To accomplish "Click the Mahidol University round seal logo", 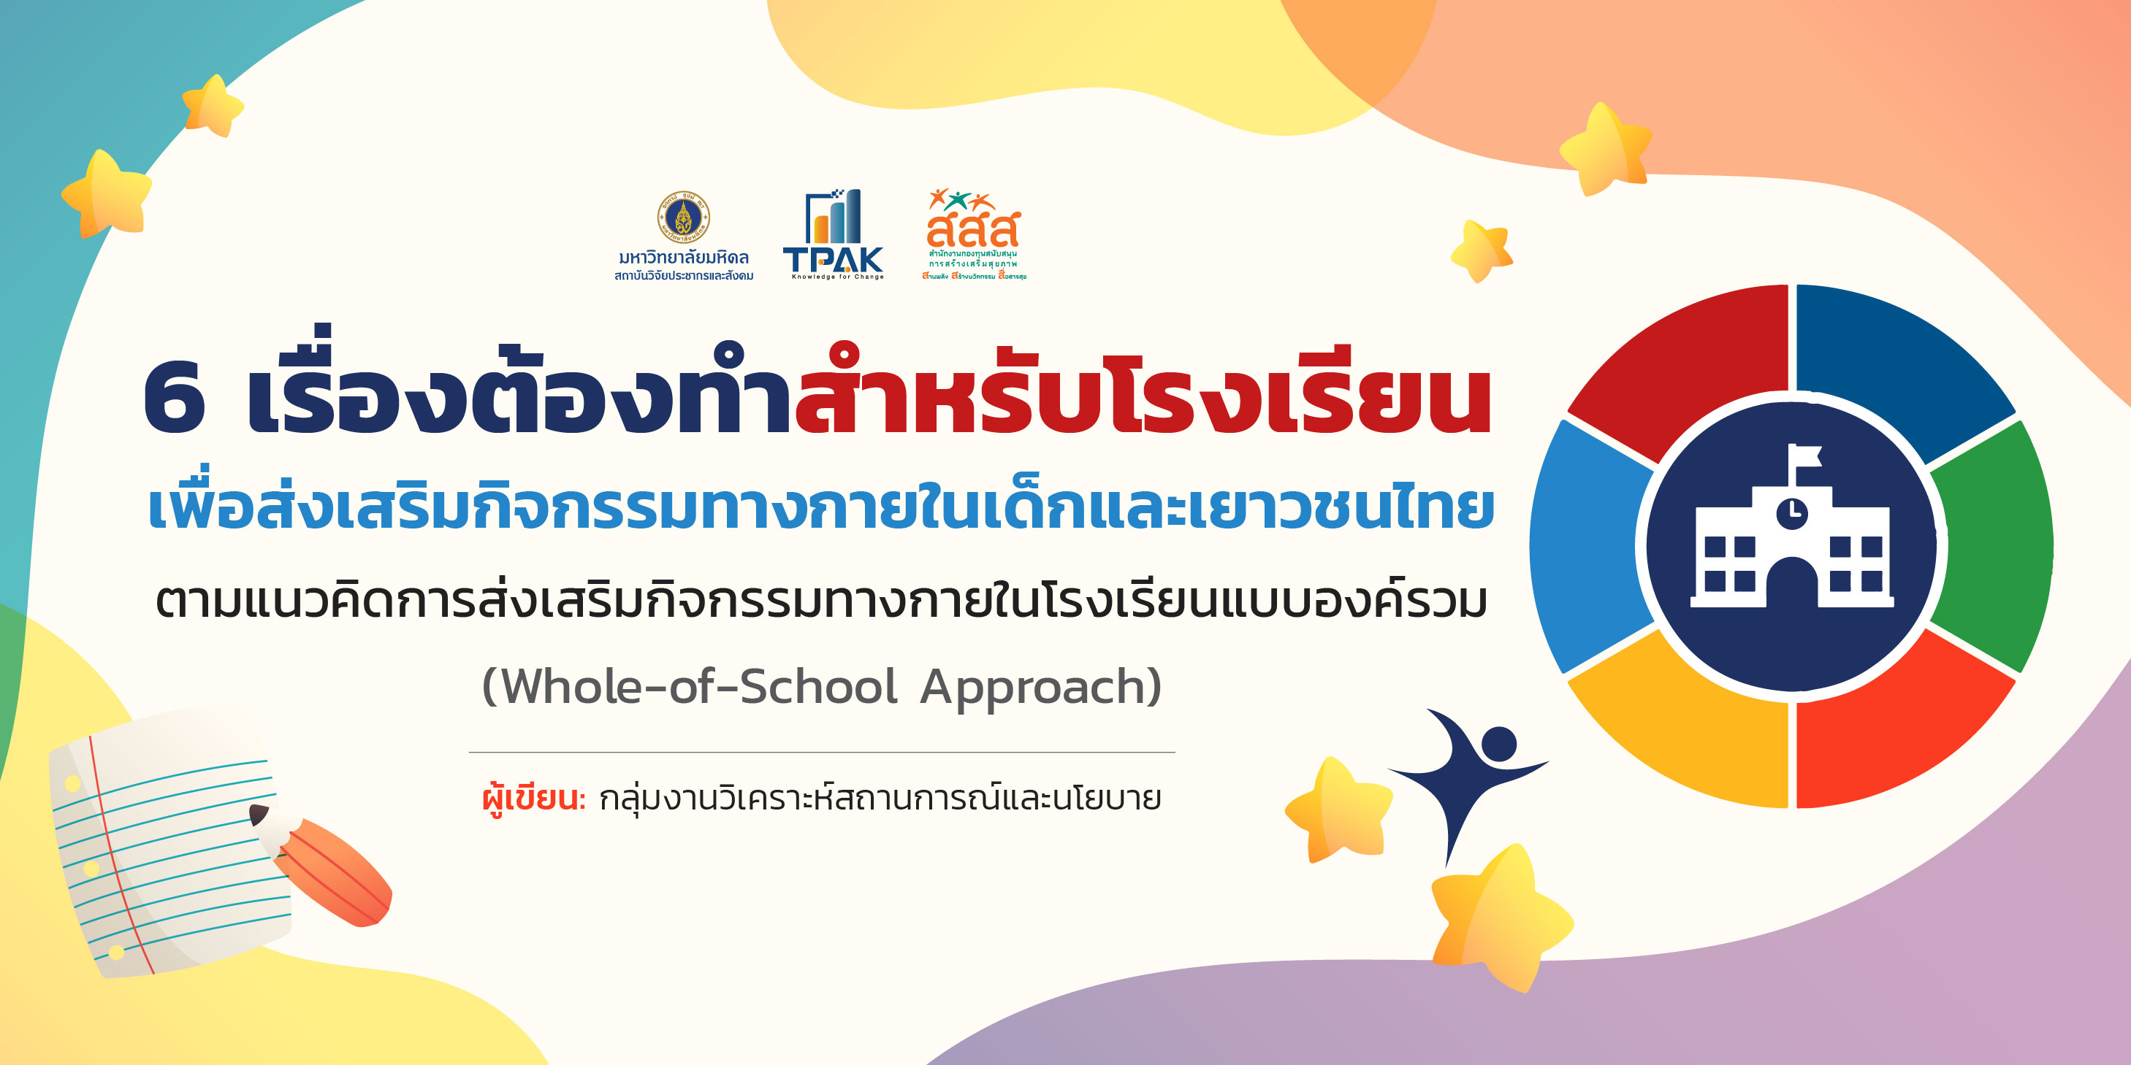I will pyautogui.click(x=682, y=218).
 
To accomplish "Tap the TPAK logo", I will pyautogui.click(x=833, y=236).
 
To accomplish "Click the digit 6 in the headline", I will pyautogui.click(x=174, y=399).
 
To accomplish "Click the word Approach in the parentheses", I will pyautogui.click(x=1041, y=686).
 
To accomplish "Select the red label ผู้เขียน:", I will pyautogui.click(x=533, y=799).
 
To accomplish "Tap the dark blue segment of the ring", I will pyautogui.click(x=1894, y=355).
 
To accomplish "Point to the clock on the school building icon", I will pyautogui.click(x=1792, y=512).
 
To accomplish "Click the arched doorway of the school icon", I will pyautogui.click(x=1792, y=583).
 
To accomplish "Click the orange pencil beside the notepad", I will pyautogui.click(x=331, y=868).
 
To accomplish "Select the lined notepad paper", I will pyautogui.click(x=165, y=852).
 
